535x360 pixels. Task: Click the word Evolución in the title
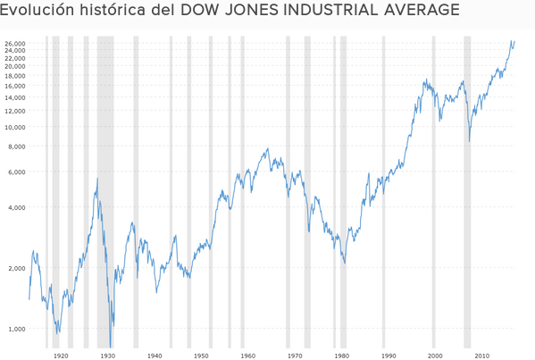[x=39, y=11]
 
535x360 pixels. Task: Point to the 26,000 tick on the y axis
[x=14, y=43]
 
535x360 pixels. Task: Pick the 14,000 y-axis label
[x=14, y=96]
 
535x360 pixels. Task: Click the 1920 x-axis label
[x=61, y=355]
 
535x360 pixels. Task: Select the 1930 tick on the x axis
[x=107, y=355]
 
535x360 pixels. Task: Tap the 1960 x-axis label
[x=247, y=355]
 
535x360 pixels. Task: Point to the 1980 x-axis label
[x=341, y=355]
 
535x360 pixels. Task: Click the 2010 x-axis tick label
[x=481, y=355]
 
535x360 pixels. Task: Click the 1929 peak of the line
[x=97, y=179]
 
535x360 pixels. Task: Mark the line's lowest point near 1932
[x=111, y=346]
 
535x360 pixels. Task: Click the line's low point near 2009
[x=469, y=141]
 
